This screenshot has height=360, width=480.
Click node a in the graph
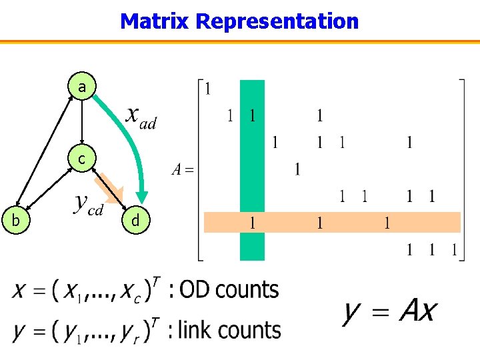[81, 87]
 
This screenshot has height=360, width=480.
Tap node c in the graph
[81, 159]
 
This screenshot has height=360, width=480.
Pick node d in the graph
[135, 220]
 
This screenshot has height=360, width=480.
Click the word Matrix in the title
[155, 21]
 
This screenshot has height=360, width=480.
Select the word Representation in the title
[277, 21]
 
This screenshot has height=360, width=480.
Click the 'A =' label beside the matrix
[181, 169]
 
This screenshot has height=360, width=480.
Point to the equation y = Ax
[390, 311]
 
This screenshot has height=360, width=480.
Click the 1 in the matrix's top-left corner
[209, 88]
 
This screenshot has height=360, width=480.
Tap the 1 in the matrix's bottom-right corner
[454, 250]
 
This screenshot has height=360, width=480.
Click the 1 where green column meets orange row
[253, 223]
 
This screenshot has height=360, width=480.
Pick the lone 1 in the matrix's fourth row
[297, 169]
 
